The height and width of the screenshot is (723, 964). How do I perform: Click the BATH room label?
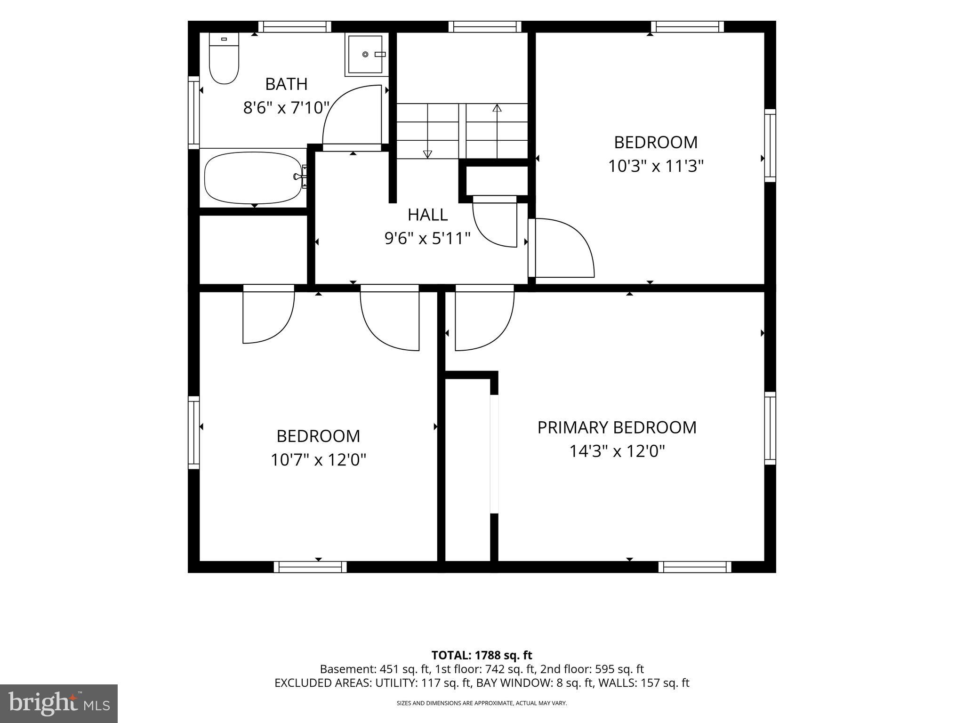pyautogui.click(x=286, y=84)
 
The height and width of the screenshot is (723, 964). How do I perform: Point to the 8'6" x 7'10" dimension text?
pyautogui.click(x=286, y=108)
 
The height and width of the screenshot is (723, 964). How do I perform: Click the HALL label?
pyautogui.click(x=427, y=215)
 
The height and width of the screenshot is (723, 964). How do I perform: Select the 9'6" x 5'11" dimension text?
pyautogui.click(x=427, y=239)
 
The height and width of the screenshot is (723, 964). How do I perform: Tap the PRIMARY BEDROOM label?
pyautogui.click(x=617, y=427)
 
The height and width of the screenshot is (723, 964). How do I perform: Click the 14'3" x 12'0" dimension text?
pyautogui.click(x=617, y=451)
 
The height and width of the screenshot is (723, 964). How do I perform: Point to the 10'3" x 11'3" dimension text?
pyautogui.click(x=656, y=166)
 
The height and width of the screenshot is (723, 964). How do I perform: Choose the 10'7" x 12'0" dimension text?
pyautogui.click(x=318, y=459)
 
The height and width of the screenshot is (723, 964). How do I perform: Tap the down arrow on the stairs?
pyautogui.click(x=427, y=131)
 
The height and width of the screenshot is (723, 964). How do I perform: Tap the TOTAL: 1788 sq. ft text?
pyautogui.click(x=482, y=655)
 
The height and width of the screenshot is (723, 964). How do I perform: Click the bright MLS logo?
pyautogui.click(x=59, y=703)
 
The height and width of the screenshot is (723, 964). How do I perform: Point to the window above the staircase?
pyautogui.click(x=484, y=27)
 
